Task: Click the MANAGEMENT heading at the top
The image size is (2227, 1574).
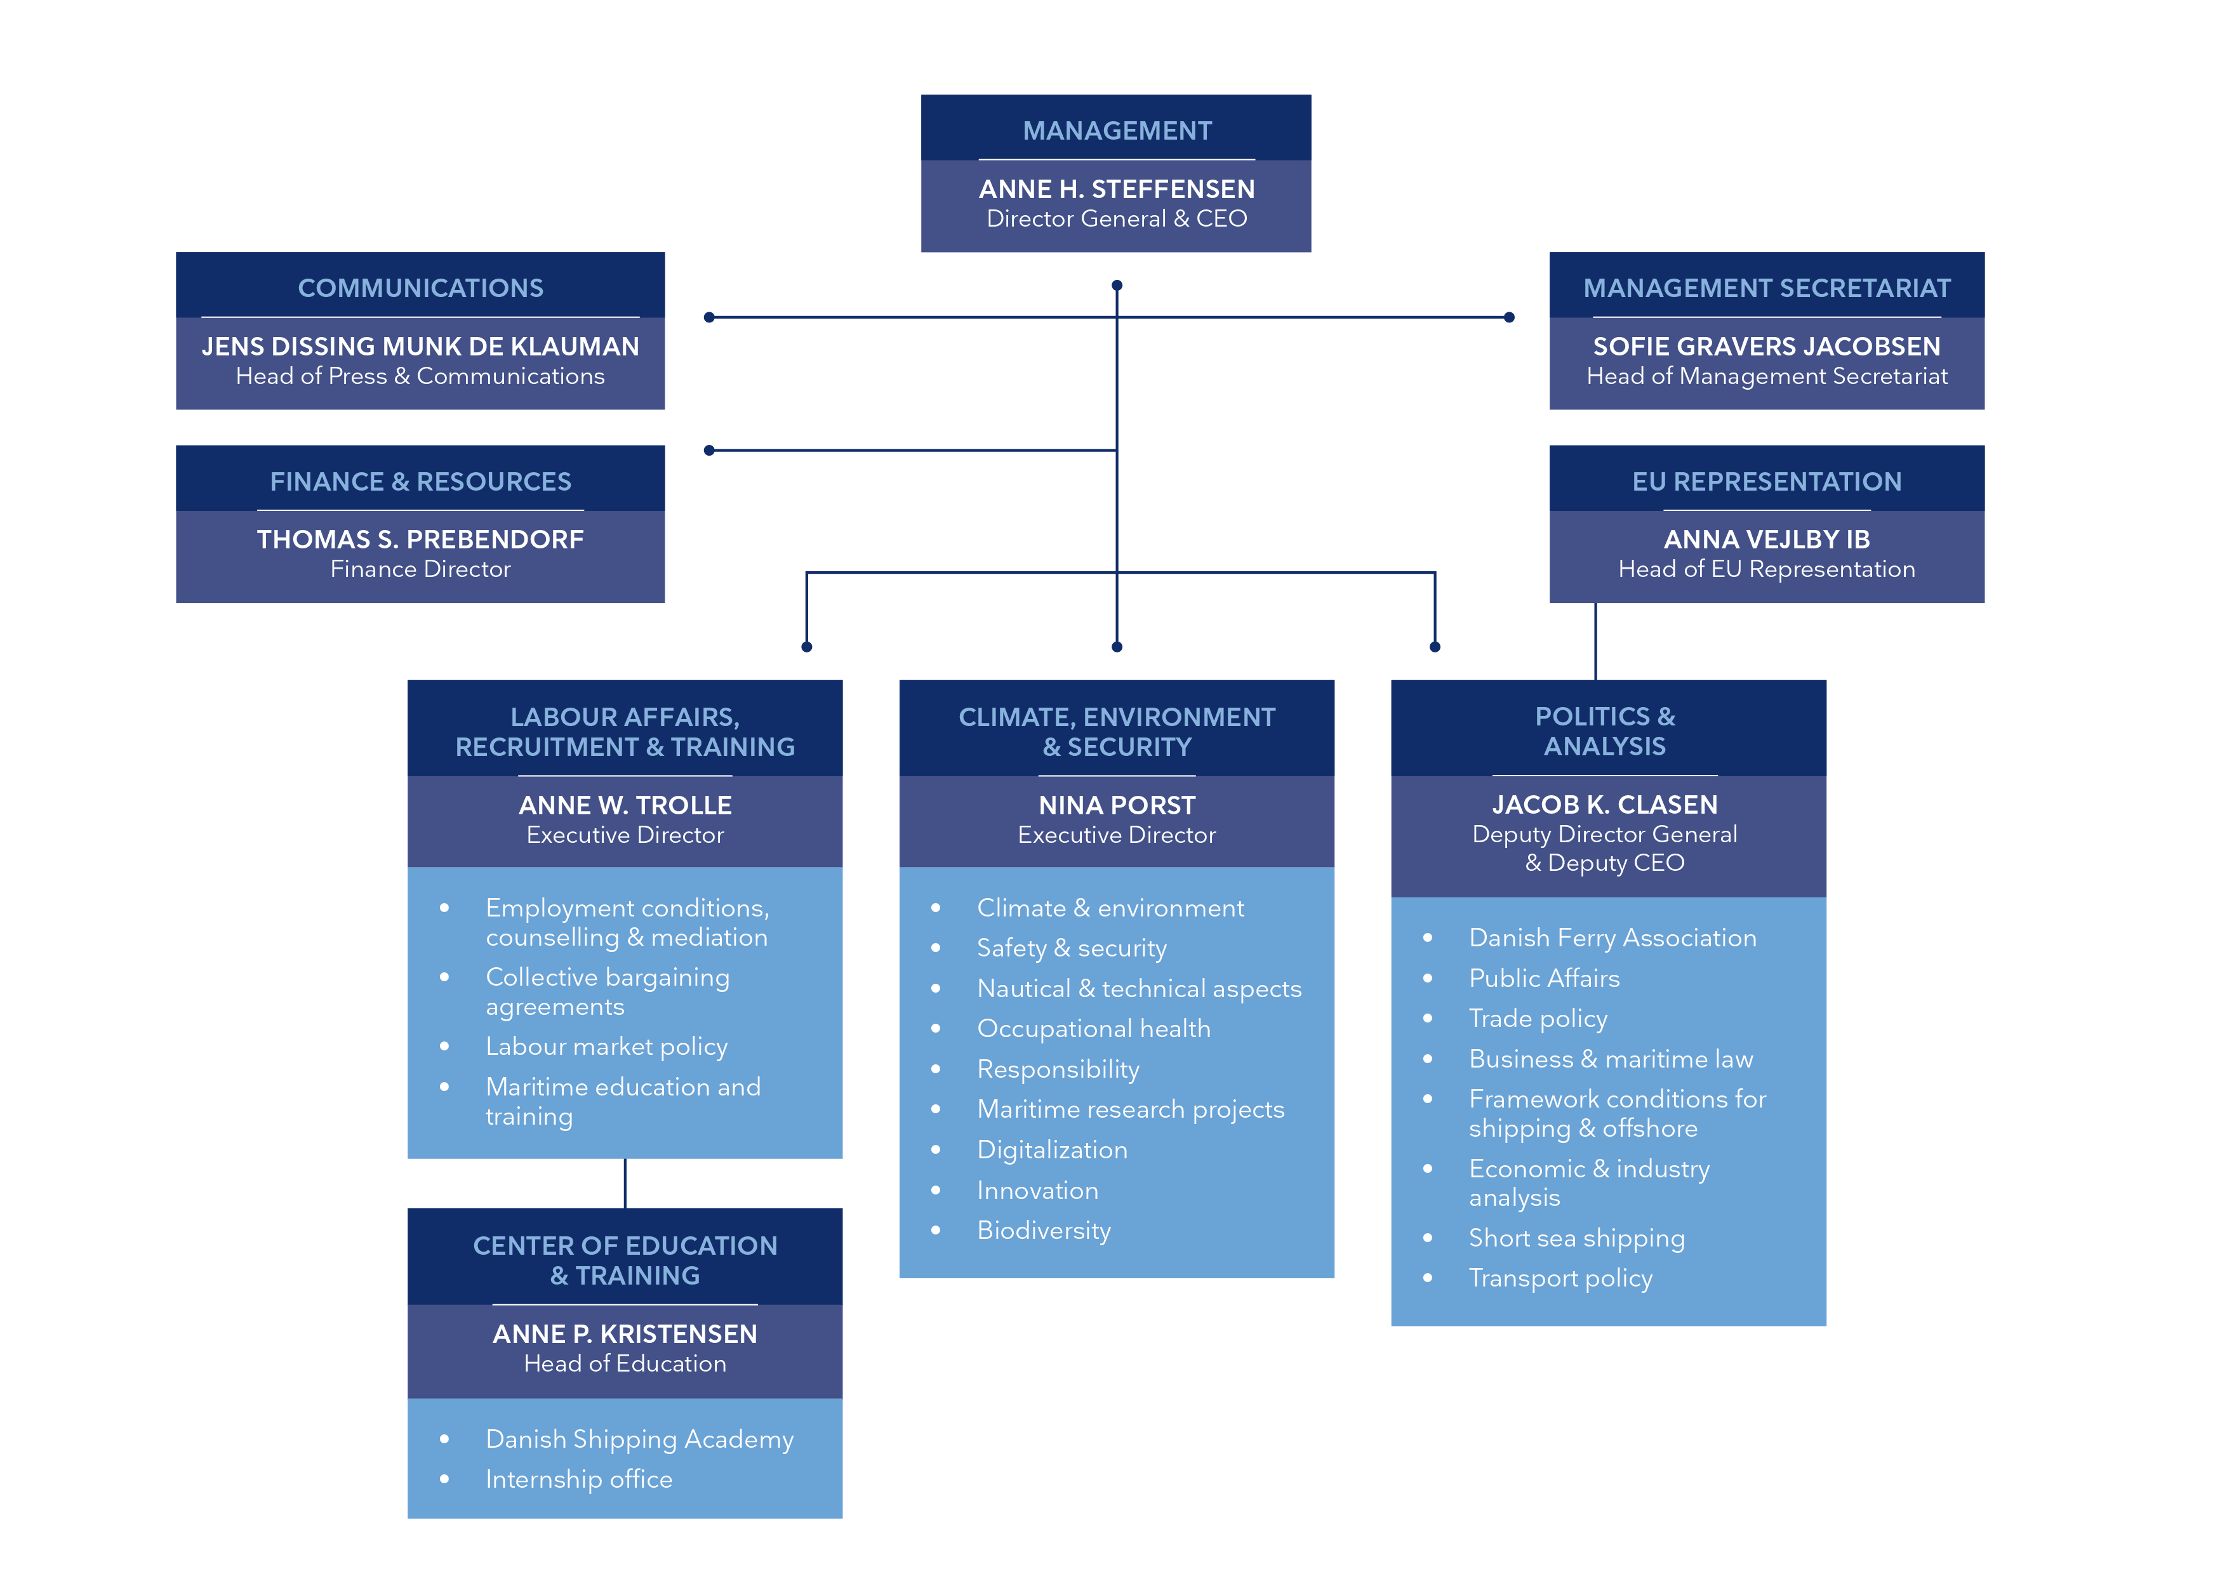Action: pyautogui.click(x=1117, y=130)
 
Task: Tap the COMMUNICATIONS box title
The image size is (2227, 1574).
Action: pyautogui.click(x=420, y=288)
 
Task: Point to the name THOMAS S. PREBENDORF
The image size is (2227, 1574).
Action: pyautogui.click(x=420, y=539)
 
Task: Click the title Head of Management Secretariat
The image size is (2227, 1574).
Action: pyautogui.click(x=1766, y=376)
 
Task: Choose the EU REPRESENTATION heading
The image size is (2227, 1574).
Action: pyautogui.click(x=1766, y=481)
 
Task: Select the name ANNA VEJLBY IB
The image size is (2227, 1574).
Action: pyautogui.click(x=1766, y=539)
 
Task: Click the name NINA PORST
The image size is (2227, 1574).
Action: pyautogui.click(x=1117, y=805)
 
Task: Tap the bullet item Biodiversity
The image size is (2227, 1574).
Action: pyautogui.click(x=1044, y=1231)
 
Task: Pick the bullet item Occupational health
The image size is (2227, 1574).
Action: pyautogui.click(x=1093, y=1029)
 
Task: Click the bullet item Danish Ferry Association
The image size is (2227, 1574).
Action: pyautogui.click(x=1612, y=938)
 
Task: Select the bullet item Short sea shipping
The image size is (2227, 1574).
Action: pyautogui.click(x=1576, y=1238)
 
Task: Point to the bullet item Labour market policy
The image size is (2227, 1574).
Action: pyautogui.click(x=606, y=1047)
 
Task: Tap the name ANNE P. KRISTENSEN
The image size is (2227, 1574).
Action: pyautogui.click(x=625, y=1333)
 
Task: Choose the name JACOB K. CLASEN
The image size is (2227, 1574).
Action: pyautogui.click(x=1604, y=805)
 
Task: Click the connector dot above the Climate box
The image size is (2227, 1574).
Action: pyautogui.click(x=1117, y=647)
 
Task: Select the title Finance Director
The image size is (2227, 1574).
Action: pyautogui.click(x=420, y=569)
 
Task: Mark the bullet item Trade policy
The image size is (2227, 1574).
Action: pyautogui.click(x=1538, y=1018)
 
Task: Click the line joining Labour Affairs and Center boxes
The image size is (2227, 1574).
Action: pyautogui.click(x=625, y=1183)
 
